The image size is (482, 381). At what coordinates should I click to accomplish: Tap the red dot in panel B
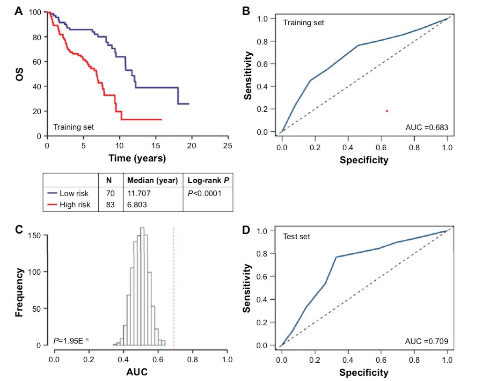pyautogui.click(x=387, y=111)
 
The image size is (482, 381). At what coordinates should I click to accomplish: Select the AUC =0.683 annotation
pyautogui.click(x=426, y=127)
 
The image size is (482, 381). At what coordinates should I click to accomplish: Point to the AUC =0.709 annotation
pyautogui.click(x=427, y=341)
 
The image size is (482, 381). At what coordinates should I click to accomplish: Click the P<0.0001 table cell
pyautogui.click(x=205, y=193)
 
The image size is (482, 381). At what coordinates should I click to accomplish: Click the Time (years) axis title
pyautogui.click(x=137, y=159)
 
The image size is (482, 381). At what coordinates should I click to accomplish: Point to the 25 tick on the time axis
pyautogui.click(x=228, y=146)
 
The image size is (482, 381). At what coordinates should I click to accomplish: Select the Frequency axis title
pyautogui.click(x=20, y=286)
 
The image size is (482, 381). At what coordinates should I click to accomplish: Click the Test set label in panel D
pyautogui.click(x=296, y=237)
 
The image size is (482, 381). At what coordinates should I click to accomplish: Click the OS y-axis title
pyautogui.click(x=20, y=75)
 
